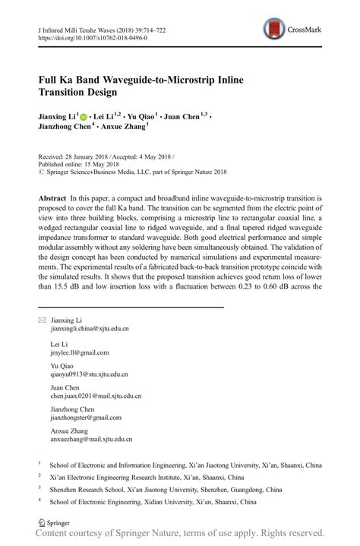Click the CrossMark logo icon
(271, 30)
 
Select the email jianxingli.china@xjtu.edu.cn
(90, 329)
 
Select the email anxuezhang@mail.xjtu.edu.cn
(90, 439)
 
